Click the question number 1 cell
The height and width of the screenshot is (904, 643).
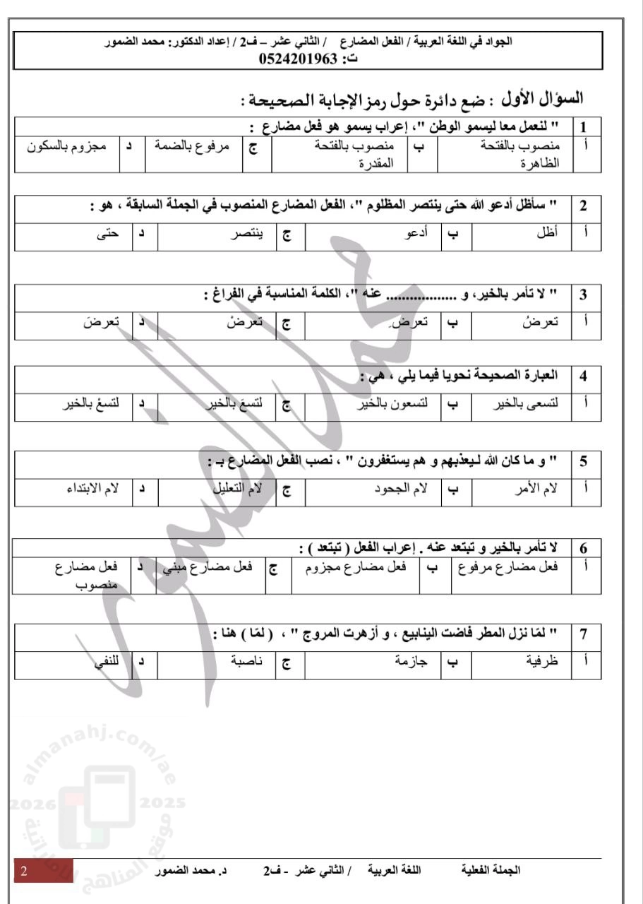click(584, 128)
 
